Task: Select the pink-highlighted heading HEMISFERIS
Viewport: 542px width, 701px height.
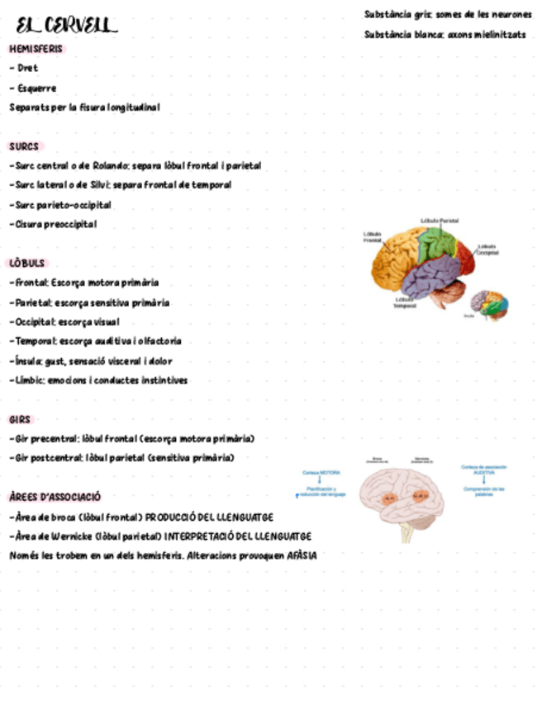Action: click(x=36, y=49)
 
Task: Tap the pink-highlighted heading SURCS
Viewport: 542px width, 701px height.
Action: click(x=24, y=146)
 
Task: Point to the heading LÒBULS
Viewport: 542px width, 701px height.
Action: click(x=27, y=263)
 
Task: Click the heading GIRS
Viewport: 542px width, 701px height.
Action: click(x=21, y=419)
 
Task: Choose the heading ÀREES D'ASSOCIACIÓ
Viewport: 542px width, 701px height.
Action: click(x=55, y=497)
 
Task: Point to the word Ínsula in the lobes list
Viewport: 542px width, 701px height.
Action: click(x=24, y=361)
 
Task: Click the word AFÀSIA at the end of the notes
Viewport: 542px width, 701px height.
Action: click(x=302, y=556)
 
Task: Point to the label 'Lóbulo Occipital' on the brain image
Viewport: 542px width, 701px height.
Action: click(x=487, y=249)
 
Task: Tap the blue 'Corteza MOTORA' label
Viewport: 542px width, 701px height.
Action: click(x=321, y=473)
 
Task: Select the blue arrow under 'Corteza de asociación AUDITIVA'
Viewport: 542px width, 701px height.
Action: click(x=483, y=480)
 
